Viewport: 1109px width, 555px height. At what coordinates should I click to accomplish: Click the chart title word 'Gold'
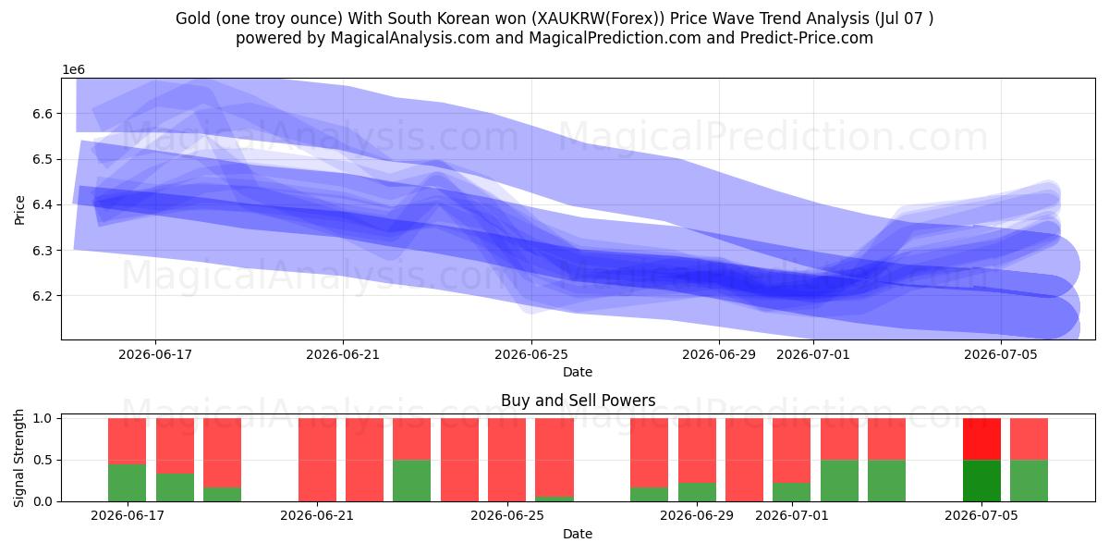[x=192, y=18]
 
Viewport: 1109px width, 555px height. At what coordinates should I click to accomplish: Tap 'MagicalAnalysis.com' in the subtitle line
[x=410, y=38]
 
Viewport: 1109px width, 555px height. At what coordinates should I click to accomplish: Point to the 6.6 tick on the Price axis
[x=43, y=114]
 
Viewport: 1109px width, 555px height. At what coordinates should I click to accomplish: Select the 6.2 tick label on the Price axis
[x=43, y=296]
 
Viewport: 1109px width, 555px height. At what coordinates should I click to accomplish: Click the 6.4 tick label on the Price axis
[x=43, y=205]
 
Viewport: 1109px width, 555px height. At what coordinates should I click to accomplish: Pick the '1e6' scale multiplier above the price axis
[x=73, y=70]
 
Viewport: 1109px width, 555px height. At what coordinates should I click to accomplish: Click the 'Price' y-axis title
[x=19, y=210]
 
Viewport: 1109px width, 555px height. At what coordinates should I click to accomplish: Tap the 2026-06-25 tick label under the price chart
[x=531, y=355]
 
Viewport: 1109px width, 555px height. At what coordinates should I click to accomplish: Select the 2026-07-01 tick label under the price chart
[x=813, y=355]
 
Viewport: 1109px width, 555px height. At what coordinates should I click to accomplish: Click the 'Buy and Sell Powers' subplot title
[x=578, y=401]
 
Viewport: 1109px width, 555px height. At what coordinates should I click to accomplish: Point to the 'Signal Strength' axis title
[x=18, y=459]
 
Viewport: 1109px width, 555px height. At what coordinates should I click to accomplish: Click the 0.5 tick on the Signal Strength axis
[x=43, y=461]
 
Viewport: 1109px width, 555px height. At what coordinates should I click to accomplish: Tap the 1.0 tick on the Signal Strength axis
[x=43, y=419]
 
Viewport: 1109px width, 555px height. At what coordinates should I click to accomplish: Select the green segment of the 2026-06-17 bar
[x=128, y=483]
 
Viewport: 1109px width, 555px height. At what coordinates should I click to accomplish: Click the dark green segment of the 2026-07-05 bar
[x=981, y=481]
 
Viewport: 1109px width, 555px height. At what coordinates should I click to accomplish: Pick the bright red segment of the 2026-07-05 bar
[x=981, y=439]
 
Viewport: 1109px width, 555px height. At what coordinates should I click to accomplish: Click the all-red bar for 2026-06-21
[x=317, y=460]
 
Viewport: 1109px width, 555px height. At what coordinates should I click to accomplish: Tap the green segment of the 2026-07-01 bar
[x=792, y=492]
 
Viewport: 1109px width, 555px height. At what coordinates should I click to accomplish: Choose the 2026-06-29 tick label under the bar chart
[x=697, y=516]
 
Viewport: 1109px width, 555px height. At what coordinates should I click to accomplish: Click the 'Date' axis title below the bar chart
[x=578, y=535]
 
